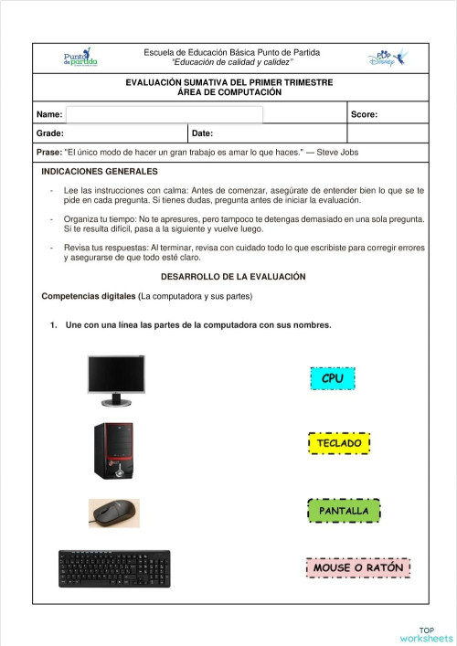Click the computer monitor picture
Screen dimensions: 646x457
click(x=116, y=380)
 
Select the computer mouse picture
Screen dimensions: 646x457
click(x=113, y=513)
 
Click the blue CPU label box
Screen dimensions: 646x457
click(x=332, y=378)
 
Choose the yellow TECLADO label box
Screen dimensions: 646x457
click(x=340, y=443)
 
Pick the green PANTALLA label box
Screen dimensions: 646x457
click(x=344, y=511)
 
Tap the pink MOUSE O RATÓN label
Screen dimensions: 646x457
click(x=357, y=567)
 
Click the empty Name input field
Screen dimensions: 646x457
click(x=165, y=114)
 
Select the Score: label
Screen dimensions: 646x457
click(x=364, y=115)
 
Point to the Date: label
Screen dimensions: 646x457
click(x=203, y=133)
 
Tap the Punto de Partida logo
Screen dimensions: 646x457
click(x=80, y=58)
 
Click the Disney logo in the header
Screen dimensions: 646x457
click(x=385, y=58)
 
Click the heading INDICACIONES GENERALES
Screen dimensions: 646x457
click(x=100, y=172)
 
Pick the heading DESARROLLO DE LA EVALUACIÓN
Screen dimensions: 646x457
click(x=233, y=276)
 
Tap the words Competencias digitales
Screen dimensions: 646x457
click(x=89, y=297)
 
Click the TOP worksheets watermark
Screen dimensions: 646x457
click(x=427, y=633)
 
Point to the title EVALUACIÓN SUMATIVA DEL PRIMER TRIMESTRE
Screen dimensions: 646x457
click(x=229, y=82)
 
